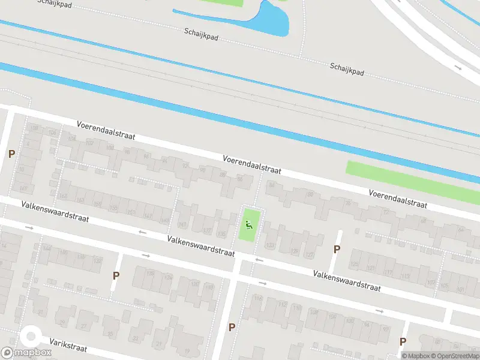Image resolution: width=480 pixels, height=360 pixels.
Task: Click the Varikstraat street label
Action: click(x=68, y=347)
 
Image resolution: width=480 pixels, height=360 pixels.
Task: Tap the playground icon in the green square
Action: click(x=249, y=225)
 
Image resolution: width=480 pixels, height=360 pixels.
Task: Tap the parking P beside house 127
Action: click(x=337, y=249)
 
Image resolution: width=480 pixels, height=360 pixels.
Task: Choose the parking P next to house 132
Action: click(x=116, y=275)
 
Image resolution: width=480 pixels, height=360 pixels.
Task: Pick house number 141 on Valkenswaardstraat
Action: click(x=182, y=225)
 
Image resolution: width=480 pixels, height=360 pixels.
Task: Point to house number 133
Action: click(x=270, y=245)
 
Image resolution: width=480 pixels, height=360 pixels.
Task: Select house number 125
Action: click(x=354, y=263)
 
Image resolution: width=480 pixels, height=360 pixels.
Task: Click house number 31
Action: click(x=41, y=312)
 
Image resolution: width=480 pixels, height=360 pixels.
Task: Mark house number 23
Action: click(x=135, y=338)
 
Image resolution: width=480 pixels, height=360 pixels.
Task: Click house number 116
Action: click(x=259, y=298)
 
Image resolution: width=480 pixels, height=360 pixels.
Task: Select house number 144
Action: click(x=46, y=248)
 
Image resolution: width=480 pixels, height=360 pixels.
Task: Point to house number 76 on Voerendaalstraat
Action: click(x=347, y=203)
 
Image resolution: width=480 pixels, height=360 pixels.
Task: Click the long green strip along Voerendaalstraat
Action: click(x=414, y=179)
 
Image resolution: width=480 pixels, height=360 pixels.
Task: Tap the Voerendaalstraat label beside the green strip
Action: click(x=398, y=199)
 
